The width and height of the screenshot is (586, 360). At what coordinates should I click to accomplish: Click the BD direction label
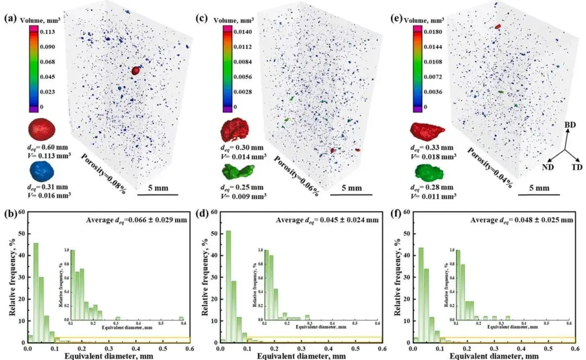pyautogui.click(x=570, y=125)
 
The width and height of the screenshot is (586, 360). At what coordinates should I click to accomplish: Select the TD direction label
pyautogui.click(x=576, y=168)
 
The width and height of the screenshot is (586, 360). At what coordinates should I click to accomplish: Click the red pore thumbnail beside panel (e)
pyautogui.click(x=428, y=130)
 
